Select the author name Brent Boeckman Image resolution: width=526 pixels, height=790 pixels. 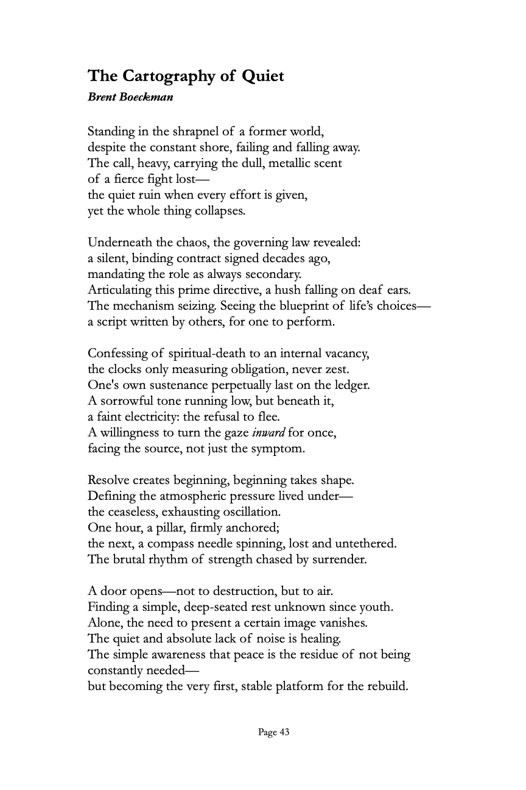(130, 97)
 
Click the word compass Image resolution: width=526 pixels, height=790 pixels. (171, 544)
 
